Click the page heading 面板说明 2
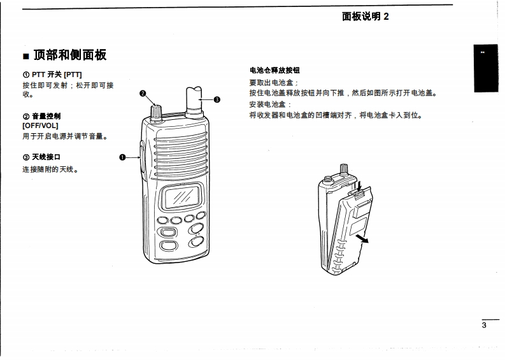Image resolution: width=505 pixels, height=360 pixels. (366, 16)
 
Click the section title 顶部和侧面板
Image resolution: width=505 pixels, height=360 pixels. (70, 55)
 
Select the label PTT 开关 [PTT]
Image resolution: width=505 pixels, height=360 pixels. (57, 75)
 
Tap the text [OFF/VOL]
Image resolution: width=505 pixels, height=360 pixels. (40, 126)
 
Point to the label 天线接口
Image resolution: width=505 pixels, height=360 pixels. (46, 157)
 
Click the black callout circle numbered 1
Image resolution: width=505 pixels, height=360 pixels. (122, 157)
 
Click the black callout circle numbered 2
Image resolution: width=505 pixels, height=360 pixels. (143, 94)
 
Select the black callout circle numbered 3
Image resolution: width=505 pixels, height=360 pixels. (217, 99)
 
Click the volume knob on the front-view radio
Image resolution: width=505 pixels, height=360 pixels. (156, 113)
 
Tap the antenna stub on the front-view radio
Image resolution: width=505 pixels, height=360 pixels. (194, 101)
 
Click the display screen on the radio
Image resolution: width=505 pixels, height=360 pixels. (182, 197)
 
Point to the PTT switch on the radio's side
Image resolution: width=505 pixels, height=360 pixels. (142, 157)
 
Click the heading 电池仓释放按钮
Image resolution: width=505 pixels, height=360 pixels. (274, 70)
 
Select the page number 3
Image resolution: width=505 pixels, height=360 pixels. (484, 325)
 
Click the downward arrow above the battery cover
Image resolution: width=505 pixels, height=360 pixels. (360, 186)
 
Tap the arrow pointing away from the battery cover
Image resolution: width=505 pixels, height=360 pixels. (362, 239)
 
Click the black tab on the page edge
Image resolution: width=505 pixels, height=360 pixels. (486, 68)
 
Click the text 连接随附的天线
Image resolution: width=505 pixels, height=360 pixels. (48, 169)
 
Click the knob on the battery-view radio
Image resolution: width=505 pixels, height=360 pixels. (344, 169)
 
